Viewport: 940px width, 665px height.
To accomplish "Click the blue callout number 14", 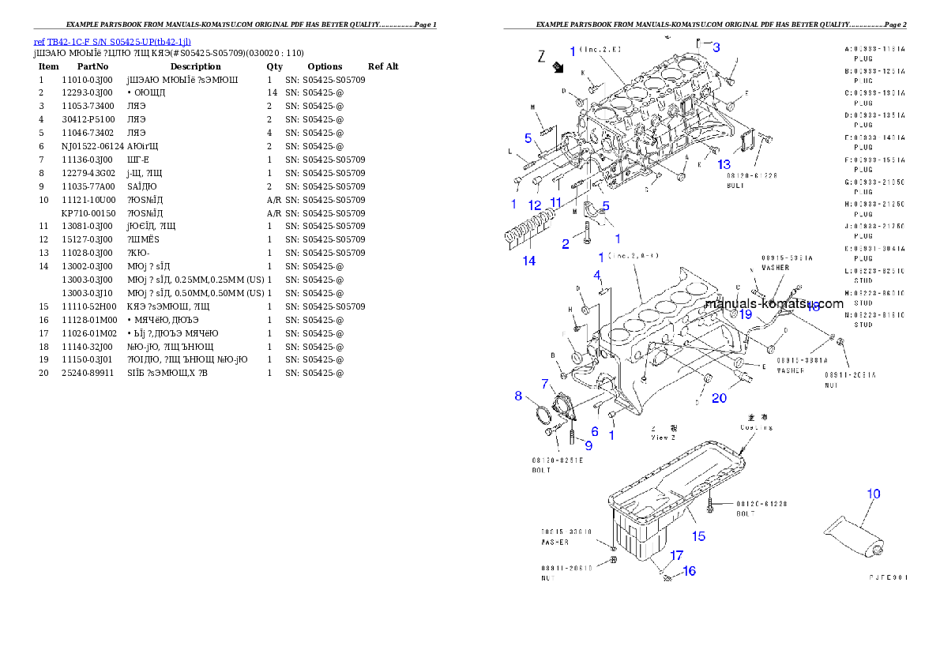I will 529,261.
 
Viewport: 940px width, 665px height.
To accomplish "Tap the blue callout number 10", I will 873,494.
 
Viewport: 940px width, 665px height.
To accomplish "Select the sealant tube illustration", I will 855,536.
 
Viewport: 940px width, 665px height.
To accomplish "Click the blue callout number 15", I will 699,536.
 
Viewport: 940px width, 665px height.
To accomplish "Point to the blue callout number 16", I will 690,570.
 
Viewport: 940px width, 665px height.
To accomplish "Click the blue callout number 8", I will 519,396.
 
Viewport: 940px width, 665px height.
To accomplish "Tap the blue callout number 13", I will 724,164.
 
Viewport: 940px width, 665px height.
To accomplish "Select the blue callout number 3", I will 716,47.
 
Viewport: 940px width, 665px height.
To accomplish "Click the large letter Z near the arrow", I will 542,56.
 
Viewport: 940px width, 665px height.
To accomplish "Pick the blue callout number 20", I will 719,398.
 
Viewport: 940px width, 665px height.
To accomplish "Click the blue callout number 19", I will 746,314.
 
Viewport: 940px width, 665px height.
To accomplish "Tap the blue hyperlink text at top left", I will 112,42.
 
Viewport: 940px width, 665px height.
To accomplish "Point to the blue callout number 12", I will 535,205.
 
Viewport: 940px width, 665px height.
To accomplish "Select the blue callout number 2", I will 566,244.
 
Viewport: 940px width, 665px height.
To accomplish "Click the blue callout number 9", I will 588,445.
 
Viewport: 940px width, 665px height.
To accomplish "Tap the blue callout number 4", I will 598,275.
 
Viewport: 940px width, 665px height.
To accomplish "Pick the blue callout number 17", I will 677,555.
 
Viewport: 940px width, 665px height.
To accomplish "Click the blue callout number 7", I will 545,384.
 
